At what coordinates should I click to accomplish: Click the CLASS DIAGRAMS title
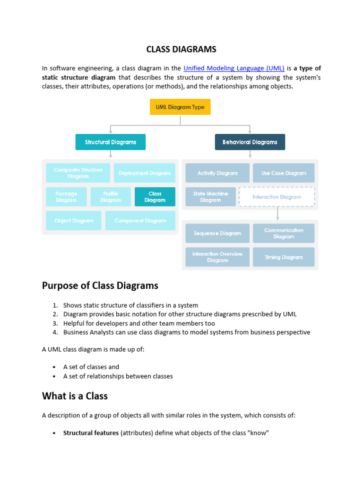coord(181,49)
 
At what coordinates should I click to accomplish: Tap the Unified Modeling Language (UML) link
coord(233,68)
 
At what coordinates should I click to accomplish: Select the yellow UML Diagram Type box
coord(180,107)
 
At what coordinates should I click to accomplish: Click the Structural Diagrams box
coord(111,142)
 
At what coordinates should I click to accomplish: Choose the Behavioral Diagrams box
coord(250,142)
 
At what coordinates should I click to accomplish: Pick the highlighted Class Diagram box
coord(155,197)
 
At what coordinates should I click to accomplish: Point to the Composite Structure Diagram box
coord(78,173)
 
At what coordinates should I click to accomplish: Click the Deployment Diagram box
coord(145,173)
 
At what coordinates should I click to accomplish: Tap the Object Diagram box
coord(74,221)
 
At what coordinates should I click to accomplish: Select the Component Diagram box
coord(140,221)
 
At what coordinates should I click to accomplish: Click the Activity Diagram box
coord(217,173)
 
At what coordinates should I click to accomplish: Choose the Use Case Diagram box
coord(284,173)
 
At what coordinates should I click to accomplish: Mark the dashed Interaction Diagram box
coord(277,197)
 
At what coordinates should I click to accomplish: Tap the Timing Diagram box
coord(284,257)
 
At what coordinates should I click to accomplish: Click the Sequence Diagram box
coord(217,233)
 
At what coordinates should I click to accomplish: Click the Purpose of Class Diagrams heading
coord(100,285)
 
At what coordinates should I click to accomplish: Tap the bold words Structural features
coord(91,432)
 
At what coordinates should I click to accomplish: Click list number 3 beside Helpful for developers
coord(55,323)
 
